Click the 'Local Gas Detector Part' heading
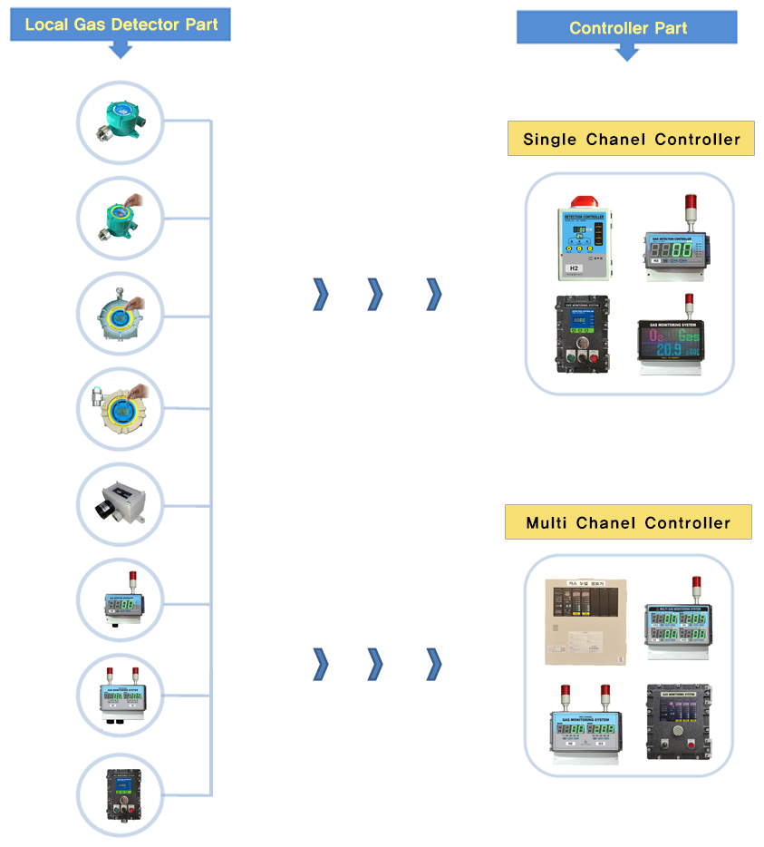(x=121, y=24)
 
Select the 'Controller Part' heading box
(x=627, y=27)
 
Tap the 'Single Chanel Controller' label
(x=631, y=140)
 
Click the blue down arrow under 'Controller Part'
(x=627, y=53)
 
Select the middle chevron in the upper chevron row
(x=375, y=294)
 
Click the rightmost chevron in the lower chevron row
(x=434, y=664)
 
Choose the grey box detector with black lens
(x=120, y=503)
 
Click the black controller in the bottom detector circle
(x=120, y=793)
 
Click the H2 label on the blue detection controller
(x=574, y=268)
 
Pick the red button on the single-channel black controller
(x=595, y=356)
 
